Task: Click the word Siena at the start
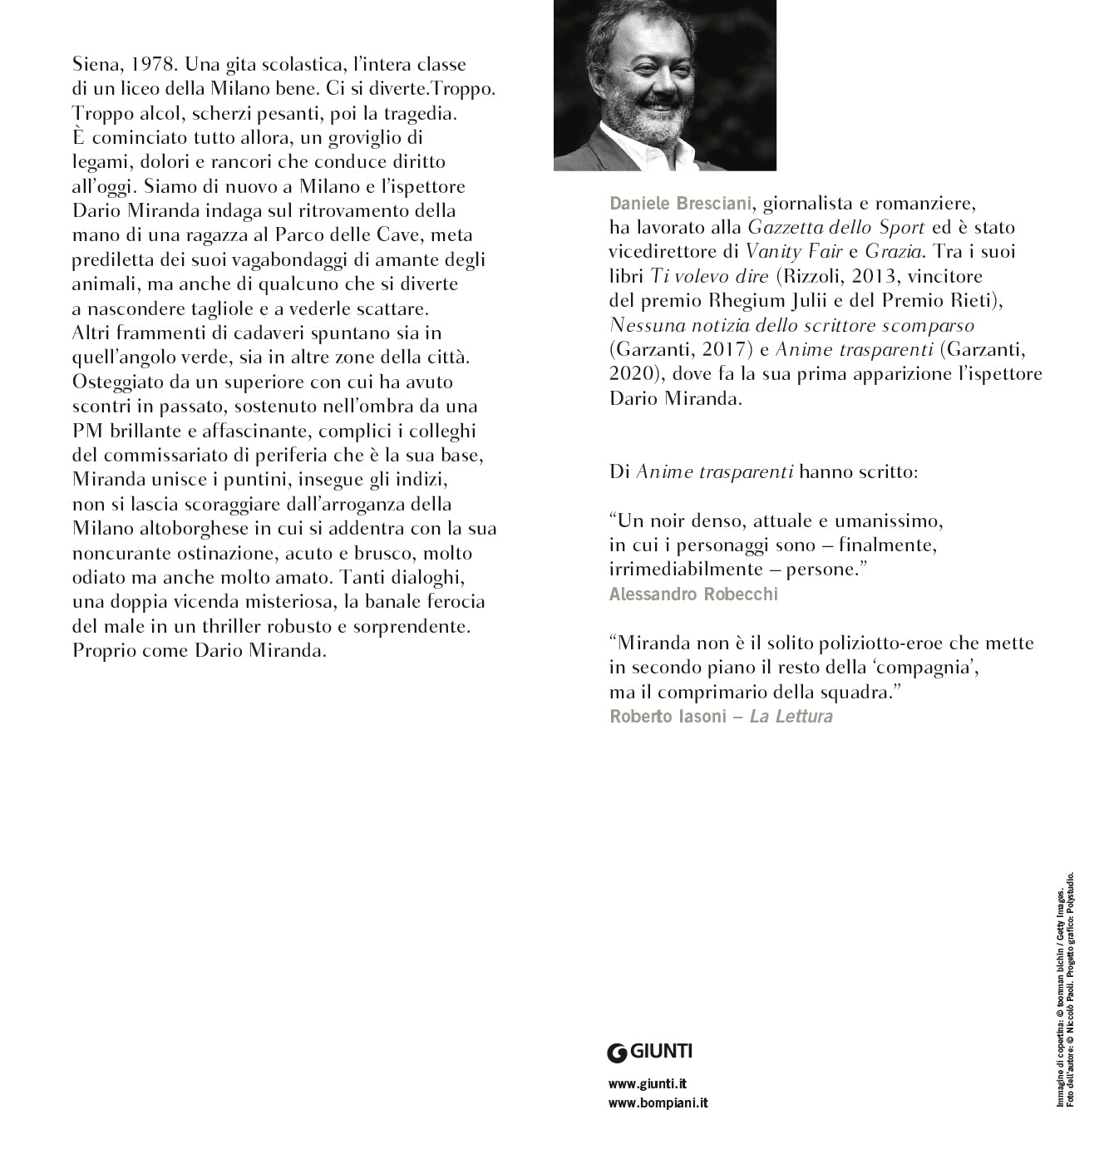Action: (x=96, y=64)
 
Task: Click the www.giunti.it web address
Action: (x=648, y=1083)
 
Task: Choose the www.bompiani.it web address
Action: (x=658, y=1103)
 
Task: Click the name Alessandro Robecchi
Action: (x=693, y=594)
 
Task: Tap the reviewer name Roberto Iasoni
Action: (x=668, y=717)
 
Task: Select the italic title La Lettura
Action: (x=791, y=717)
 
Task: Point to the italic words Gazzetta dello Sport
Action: (x=836, y=227)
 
